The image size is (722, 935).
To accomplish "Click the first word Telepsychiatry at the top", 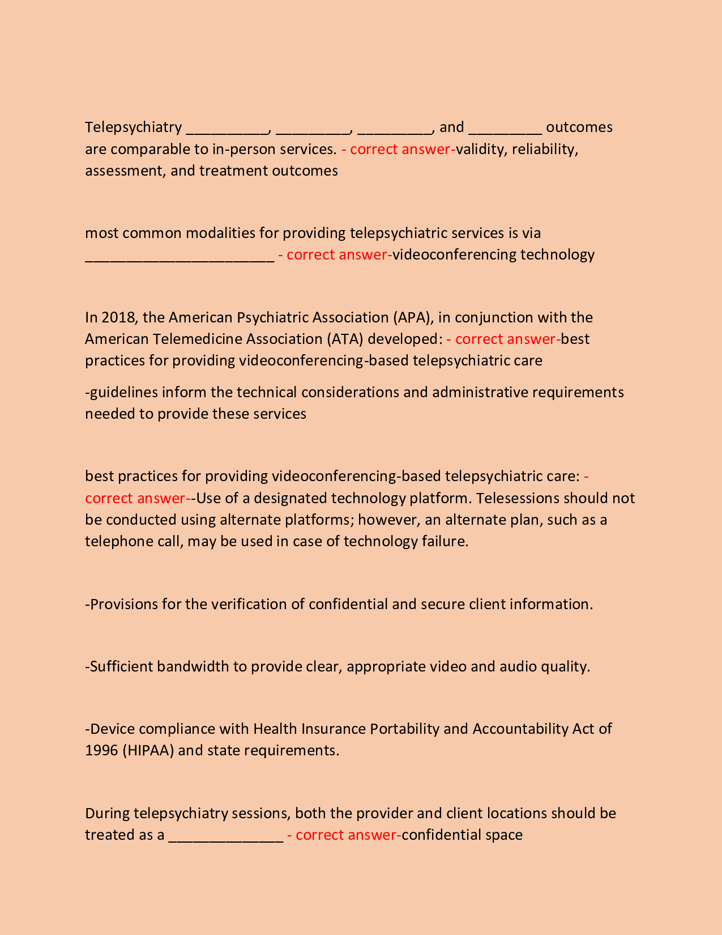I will click(x=133, y=127).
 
